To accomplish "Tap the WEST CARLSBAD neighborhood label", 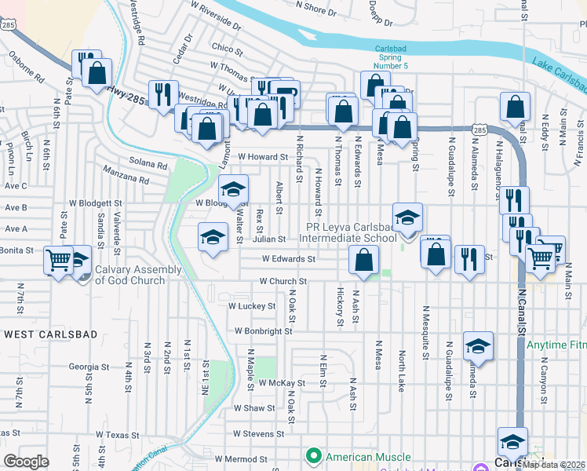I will [x=51, y=334].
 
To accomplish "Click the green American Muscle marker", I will [x=314, y=456].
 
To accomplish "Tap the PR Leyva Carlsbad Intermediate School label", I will [x=351, y=232].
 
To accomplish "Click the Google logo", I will [x=27, y=462].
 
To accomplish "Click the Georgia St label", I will [x=89, y=367].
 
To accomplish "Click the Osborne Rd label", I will [x=27, y=68].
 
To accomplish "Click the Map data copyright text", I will [x=554, y=464].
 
